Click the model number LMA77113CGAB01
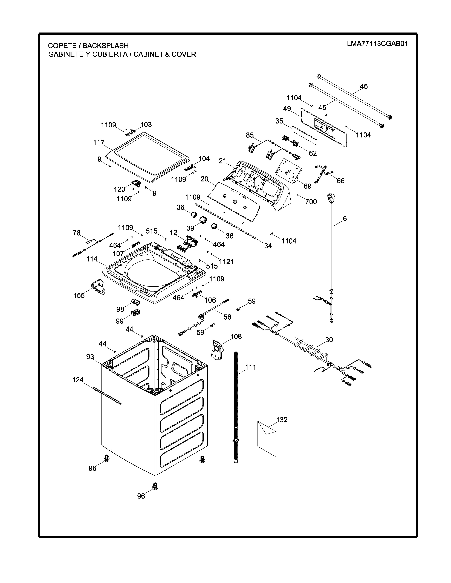click(377, 44)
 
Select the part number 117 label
click(99, 143)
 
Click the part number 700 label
click(311, 202)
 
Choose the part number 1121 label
click(226, 262)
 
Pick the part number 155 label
click(79, 296)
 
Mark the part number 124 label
click(78, 380)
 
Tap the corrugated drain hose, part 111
click(236, 400)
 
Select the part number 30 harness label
click(329, 340)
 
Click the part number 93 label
click(90, 357)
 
